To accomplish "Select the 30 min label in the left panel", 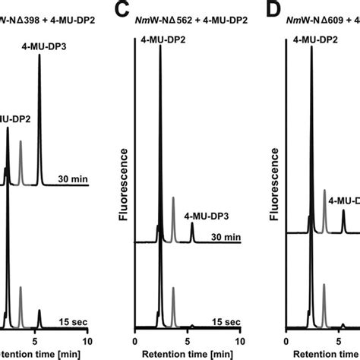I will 73,180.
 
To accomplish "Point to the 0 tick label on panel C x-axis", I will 134,341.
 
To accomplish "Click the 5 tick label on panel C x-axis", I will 188,341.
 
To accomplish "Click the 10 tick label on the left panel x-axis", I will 88,341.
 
